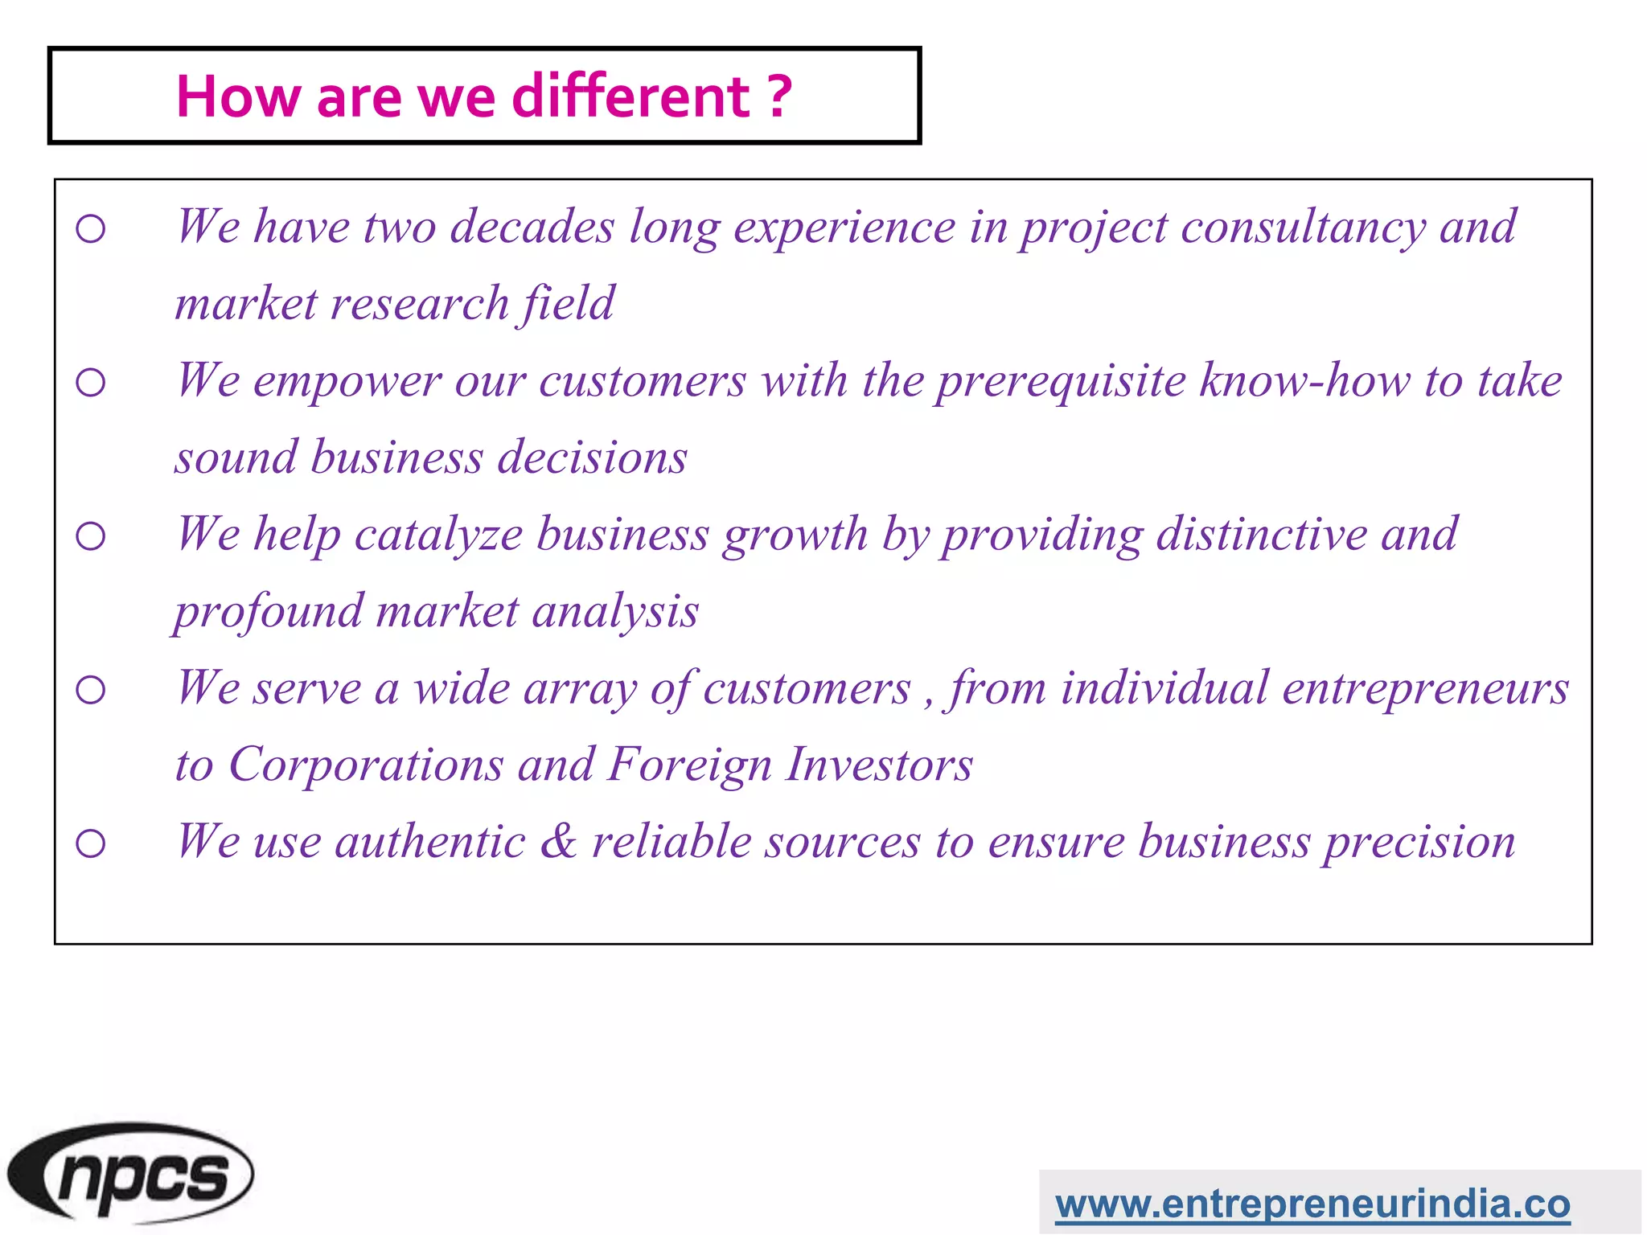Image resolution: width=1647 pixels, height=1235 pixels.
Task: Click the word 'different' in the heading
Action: (630, 96)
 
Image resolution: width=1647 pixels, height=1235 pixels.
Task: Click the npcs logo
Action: (130, 1175)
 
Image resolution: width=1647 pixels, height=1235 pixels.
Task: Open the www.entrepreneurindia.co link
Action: (1312, 1204)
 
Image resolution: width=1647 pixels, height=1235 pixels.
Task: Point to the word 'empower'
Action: (347, 381)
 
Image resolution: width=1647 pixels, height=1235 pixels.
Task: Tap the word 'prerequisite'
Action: (1061, 381)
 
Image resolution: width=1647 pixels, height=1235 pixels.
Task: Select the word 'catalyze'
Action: (438, 535)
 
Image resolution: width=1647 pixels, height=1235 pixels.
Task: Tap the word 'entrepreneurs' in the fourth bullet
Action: (1425, 689)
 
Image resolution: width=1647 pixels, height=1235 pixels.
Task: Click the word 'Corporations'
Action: (366, 764)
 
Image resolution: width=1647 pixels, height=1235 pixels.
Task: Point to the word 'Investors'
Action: (880, 764)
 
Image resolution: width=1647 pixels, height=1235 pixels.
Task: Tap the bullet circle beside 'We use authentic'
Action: (91, 843)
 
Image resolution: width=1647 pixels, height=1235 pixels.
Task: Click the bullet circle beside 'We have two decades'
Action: (91, 229)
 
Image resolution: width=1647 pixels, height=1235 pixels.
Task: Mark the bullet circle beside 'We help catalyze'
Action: (91, 536)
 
